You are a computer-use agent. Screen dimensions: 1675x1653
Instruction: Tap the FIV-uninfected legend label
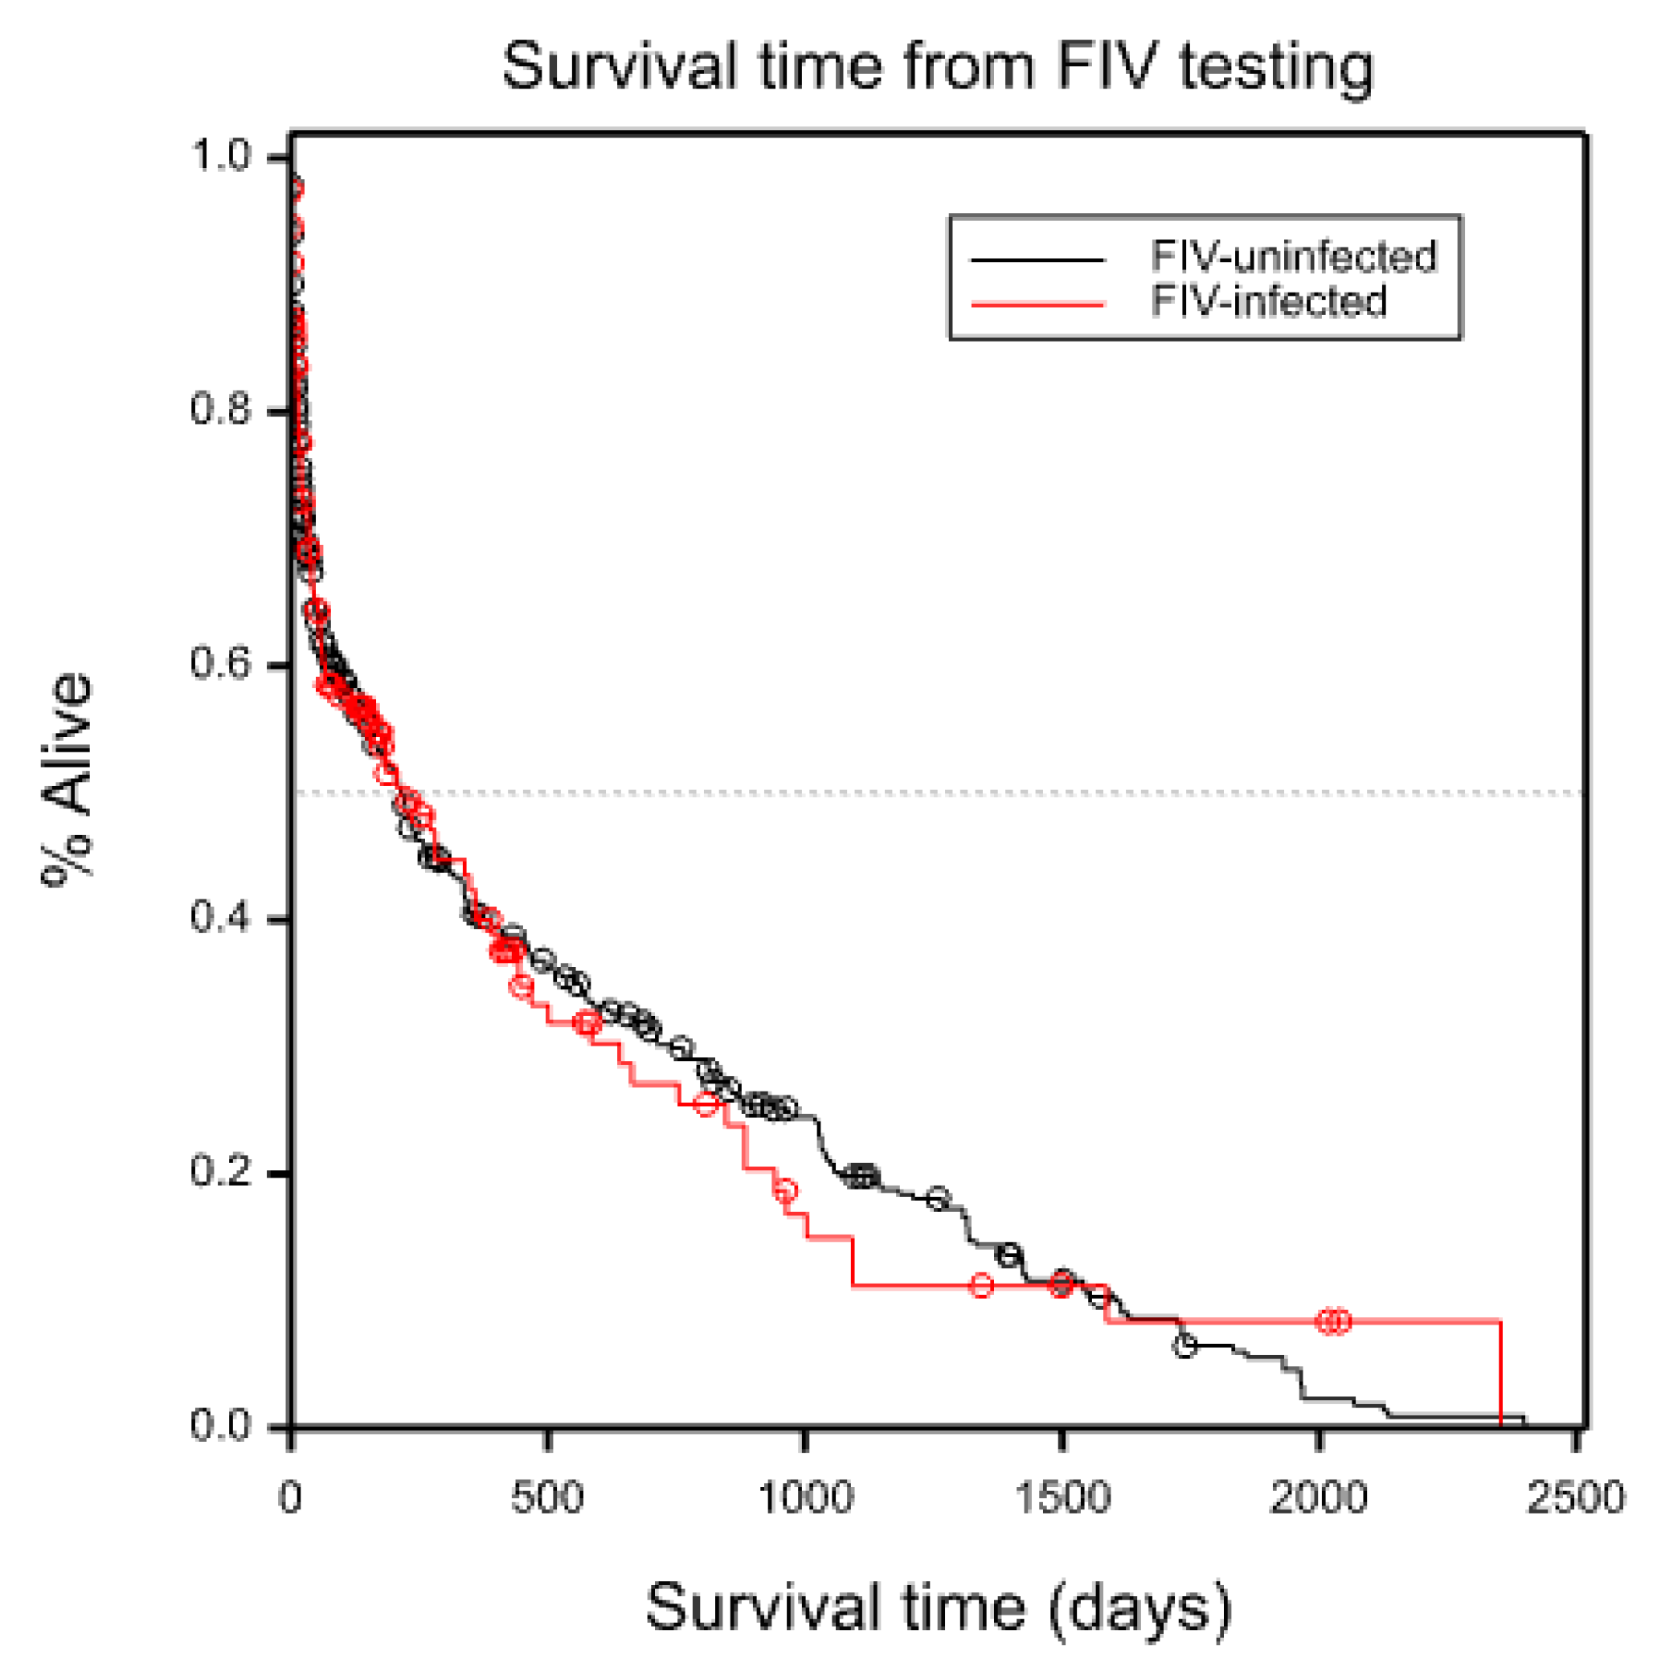[x=1293, y=256]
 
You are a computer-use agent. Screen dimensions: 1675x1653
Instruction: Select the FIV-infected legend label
[x=1268, y=301]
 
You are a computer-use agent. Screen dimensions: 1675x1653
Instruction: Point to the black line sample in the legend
[x=1037, y=258]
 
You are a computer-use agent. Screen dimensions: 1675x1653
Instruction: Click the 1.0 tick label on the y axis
[x=219, y=157]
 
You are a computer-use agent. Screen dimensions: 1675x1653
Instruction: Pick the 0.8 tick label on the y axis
[x=219, y=410]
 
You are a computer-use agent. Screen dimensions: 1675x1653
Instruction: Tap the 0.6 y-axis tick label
[x=219, y=664]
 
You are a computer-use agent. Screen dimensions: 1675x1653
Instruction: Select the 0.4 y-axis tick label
[x=219, y=918]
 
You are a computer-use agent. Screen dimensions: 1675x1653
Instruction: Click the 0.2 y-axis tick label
[x=219, y=1172]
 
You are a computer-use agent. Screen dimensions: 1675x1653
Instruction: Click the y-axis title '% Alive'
[x=68, y=778]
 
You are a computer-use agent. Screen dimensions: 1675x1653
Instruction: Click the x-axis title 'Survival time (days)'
[x=937, y=1607]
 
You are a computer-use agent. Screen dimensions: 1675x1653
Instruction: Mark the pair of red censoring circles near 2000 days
[x=1333, y=1321]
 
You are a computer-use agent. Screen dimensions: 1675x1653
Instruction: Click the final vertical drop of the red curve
[x=1500, y=1374]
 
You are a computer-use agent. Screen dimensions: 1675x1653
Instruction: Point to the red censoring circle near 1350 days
[x=980, y=1285]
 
